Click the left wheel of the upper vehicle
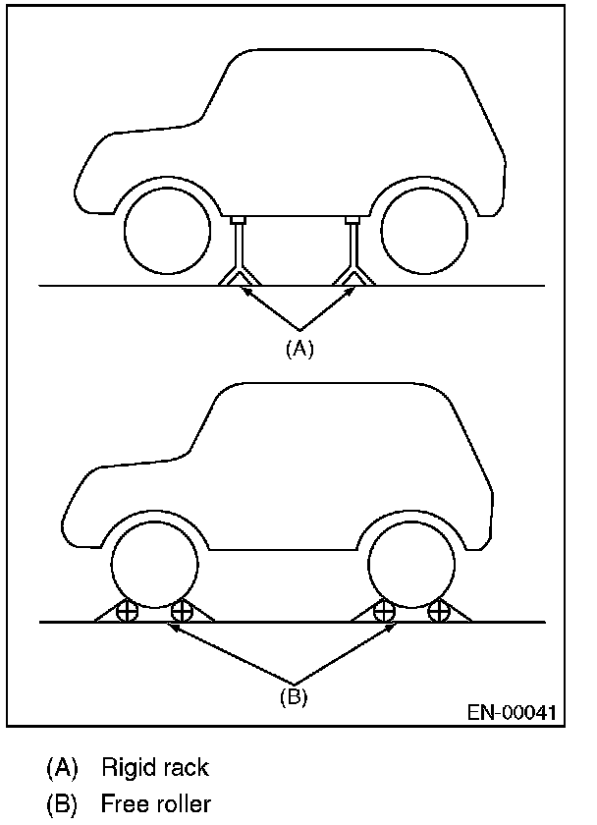(x=168, y=233)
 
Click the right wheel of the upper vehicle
(x=423, y=233)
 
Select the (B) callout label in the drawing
(x=292, y=698)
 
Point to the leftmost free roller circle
(x=127, y=613)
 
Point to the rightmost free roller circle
(x=438, y=613)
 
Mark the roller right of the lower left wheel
(x=181, y=613)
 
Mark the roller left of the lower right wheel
(x=384, y=613)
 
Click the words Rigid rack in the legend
(x=155, y=766)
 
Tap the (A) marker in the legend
(x=61, y=766)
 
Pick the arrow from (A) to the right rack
(x=324, y=307)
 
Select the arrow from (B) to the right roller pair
(x=344, y=652)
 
